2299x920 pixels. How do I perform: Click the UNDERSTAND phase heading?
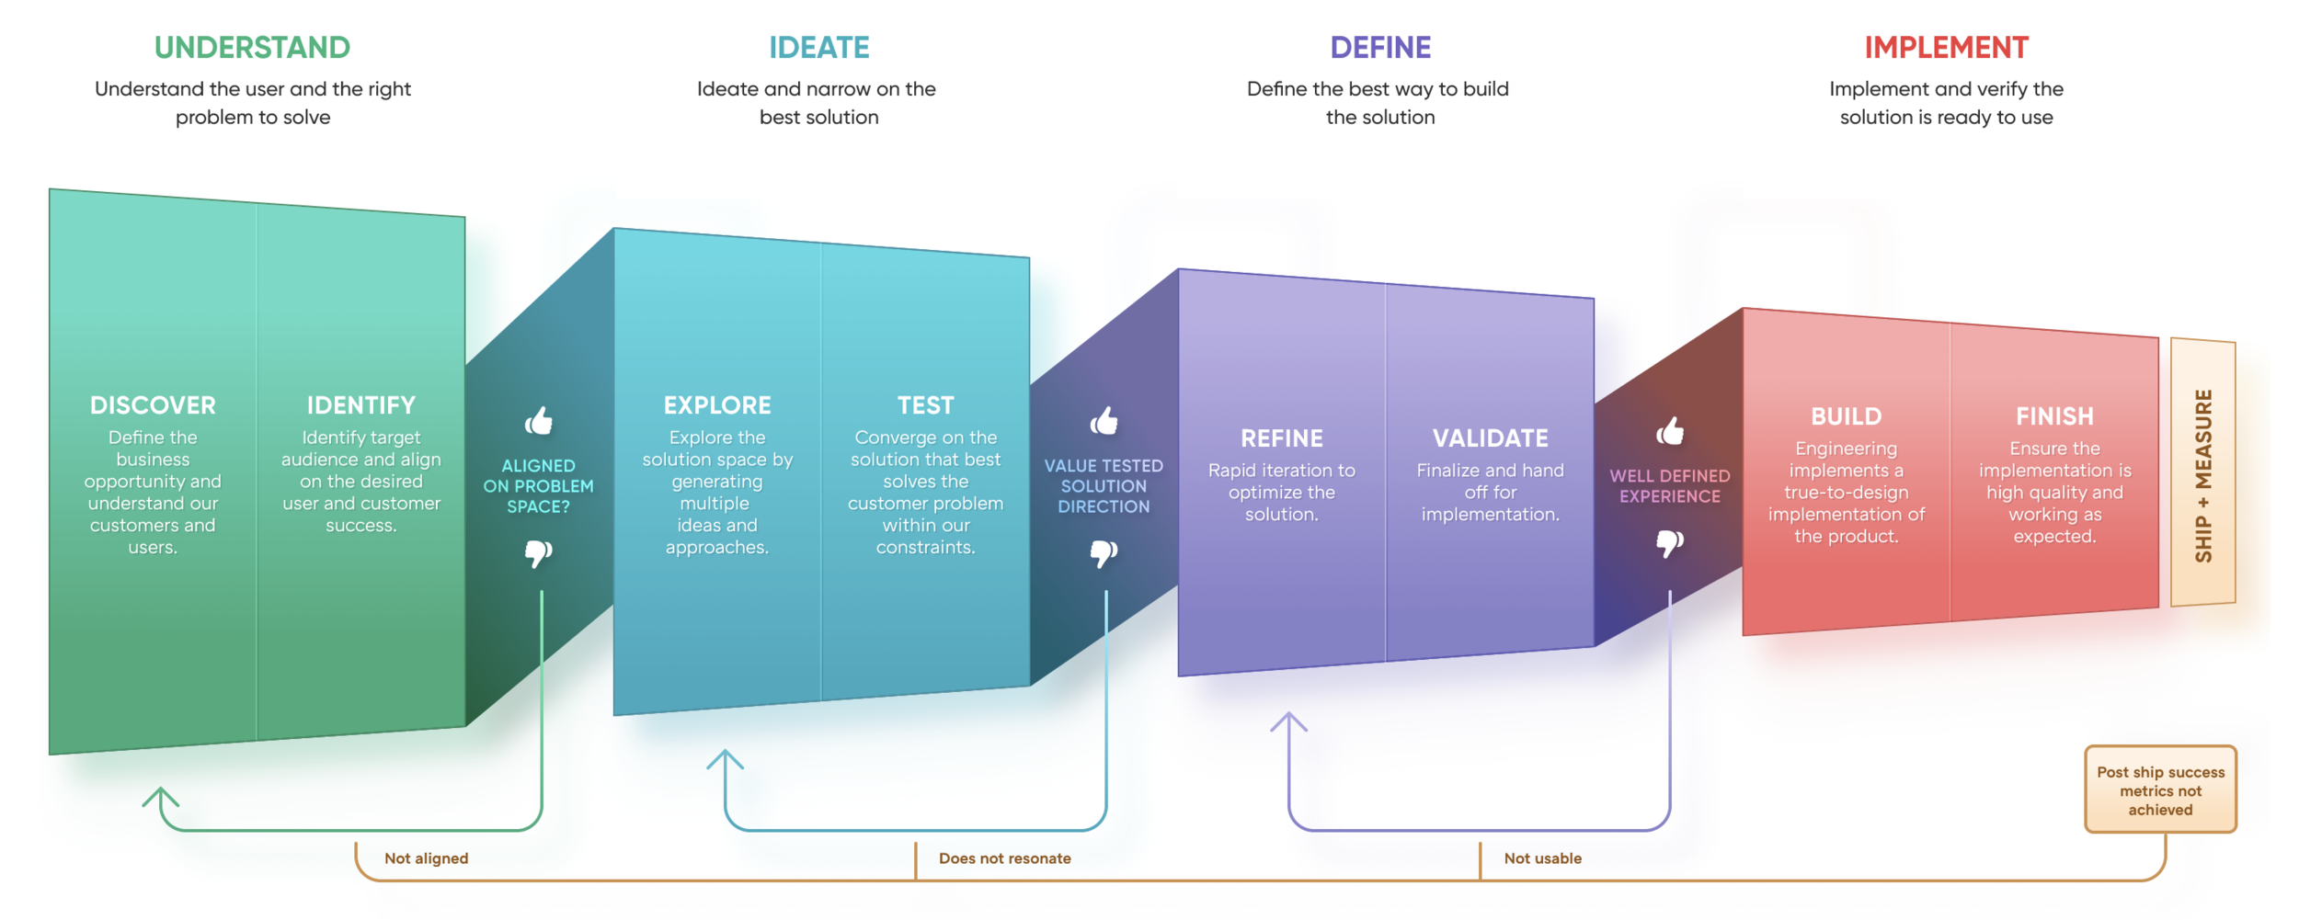point(252,48)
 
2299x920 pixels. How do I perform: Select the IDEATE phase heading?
point(818,48)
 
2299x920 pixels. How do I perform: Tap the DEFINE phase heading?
point(1380,48)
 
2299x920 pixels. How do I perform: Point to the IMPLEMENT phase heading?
point(1946,48)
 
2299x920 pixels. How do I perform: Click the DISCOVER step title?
point(153,405)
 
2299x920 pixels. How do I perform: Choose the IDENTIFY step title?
point(360,405)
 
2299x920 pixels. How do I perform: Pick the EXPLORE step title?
point(717,405)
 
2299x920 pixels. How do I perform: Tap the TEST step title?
point(925,405)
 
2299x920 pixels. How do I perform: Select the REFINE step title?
point(1282,438)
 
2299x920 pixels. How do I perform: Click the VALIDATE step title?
point(1490,438)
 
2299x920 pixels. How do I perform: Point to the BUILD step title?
point(1846,416)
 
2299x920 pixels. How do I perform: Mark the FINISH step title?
point(2054,416)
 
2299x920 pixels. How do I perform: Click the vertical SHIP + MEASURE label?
point(2203,475)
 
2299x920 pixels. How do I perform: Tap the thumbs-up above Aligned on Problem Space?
point(539,421)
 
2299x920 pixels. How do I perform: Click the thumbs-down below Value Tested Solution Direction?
point(1104,553)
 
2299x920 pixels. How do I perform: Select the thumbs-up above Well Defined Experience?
point(1670,430)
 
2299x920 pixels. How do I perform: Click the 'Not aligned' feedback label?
point(426,858)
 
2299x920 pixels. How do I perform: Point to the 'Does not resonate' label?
point(1004,858)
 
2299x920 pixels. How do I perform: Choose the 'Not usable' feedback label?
point(1542,858)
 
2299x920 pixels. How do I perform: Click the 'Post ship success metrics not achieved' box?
point(2160,790)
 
